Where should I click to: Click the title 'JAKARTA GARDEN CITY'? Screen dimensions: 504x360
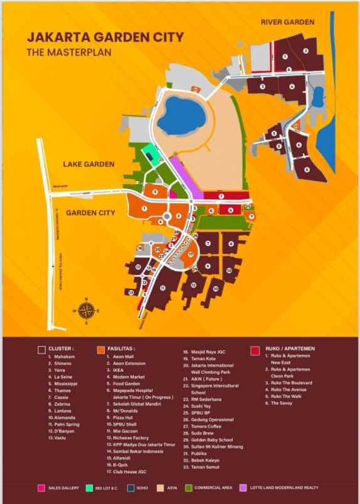coord(105,38)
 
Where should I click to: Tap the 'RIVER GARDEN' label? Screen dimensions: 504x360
coord(288,23)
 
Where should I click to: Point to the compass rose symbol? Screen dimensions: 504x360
coord(87,309)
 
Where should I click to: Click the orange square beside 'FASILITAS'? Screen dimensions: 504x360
coord(101,347)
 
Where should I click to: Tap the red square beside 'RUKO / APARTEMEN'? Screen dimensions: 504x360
coord(254,347)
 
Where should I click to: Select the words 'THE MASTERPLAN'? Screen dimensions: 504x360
coord(68,52)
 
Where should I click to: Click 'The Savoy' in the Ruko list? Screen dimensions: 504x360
coord(282,403)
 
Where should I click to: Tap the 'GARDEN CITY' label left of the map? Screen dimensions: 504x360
coord(90,213)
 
